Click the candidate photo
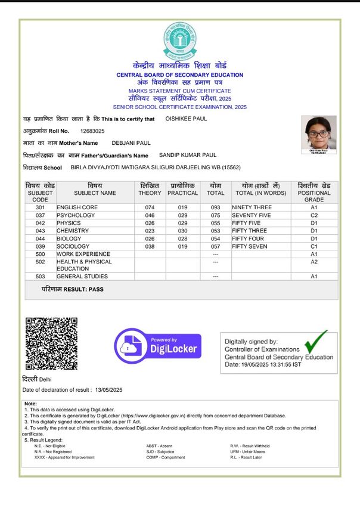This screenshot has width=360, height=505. coord(318,133)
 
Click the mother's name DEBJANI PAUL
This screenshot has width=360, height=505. coord(131,143)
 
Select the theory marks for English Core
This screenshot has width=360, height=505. coord(150,207)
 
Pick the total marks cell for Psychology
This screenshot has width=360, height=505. coord(215,215)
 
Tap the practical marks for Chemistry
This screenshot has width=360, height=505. coord(182,231)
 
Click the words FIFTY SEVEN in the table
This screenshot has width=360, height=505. coord(250,246)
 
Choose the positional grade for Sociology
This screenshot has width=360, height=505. coord(314,246)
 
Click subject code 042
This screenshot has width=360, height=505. coord(41,223)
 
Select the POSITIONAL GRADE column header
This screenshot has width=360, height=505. coord(314,193)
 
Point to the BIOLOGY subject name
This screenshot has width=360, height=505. coord(69,238)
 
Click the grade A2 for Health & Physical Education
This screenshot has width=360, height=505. coord(314,262)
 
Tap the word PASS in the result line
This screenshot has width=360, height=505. coord(96,289)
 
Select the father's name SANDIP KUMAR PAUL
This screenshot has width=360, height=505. coord(188,155)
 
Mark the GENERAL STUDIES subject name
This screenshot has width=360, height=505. coord(82,277)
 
